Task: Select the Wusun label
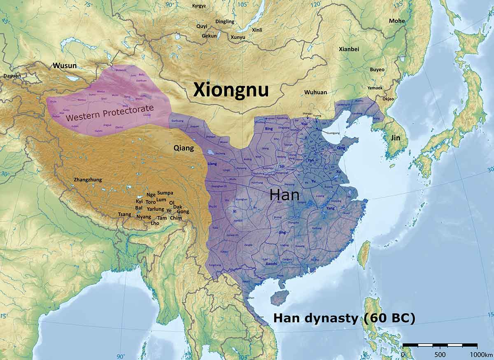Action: pos(64,65)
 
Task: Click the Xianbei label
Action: pos(349,49)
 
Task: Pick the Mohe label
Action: pos(397,21)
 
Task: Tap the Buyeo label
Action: pos(377,70)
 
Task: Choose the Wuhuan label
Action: pos(316,92)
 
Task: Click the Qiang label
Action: pos(182,147)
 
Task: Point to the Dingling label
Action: pos(225,21)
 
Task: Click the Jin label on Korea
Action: pos(396,138)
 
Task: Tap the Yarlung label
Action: pos(156,209)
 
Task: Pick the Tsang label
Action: pos(124,214)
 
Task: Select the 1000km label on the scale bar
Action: pos(478,355)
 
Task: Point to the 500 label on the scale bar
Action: pos(440,355)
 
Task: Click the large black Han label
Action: pos(284,195)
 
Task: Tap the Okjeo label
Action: pos(388,99)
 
